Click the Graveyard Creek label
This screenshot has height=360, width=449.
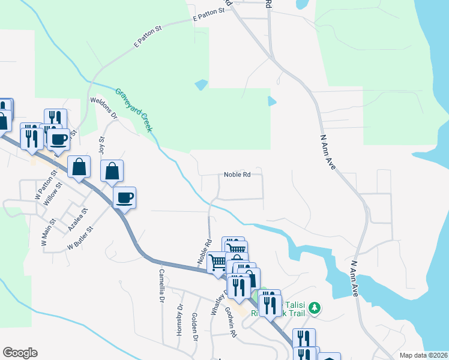(134, 111)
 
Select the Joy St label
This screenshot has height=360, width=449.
(101, 147)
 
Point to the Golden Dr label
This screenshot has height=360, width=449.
(194, 326)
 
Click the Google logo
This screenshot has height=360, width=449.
(20, 353)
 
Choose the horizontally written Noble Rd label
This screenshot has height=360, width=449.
(237, 175)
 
